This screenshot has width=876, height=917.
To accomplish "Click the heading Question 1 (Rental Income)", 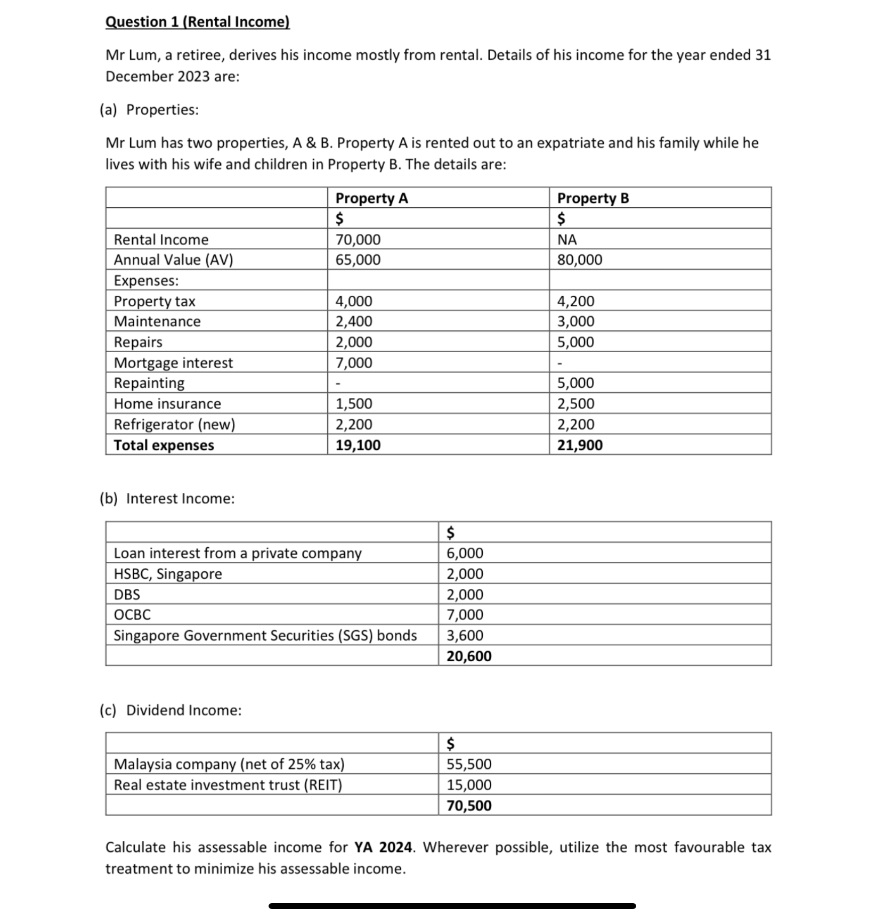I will pos(197,22).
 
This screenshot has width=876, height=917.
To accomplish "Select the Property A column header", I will pos(371,198).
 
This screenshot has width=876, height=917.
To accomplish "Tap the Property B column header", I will pos(593,198).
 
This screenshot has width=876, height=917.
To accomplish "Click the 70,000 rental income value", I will pos(358,240).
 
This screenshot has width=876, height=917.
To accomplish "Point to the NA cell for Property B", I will pos(566,240).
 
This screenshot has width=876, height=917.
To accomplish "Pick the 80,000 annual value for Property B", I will pos(579,260).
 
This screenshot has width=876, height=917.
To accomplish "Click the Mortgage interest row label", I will pos(173,363).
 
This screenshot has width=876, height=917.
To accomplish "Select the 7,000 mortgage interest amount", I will pos(353,363).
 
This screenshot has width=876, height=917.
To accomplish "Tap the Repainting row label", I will pos(149,383).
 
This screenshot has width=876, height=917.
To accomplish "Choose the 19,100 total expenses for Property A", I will pos(358,445).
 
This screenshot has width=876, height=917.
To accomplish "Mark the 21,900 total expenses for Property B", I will pos(579,445).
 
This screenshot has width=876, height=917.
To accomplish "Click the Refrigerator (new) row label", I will pos(174,425).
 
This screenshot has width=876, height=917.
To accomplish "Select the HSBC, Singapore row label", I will pos(168,574).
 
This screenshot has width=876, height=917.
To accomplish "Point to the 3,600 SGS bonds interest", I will pos(465,636).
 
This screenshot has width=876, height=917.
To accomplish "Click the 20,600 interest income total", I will pos(468,656).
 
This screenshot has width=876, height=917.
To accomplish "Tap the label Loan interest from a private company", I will pos(238,553).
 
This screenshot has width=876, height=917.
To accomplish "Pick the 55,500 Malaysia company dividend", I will pos(468,764).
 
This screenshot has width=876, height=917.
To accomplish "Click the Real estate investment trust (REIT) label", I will pos(228,785).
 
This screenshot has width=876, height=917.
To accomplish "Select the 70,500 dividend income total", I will pos(468,805).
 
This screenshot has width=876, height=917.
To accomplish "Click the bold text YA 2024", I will pos(383,847).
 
